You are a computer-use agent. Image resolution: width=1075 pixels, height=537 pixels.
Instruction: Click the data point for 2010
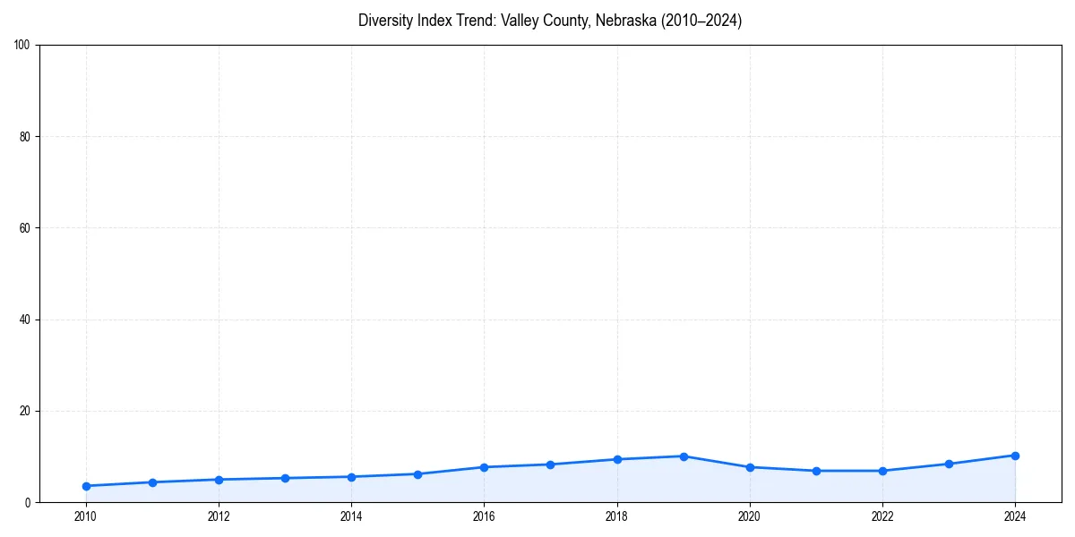(x=86, y=486)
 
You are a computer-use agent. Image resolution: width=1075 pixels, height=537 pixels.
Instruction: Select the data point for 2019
(x=684, y=456)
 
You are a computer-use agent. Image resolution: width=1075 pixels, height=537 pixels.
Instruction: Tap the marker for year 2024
(x=1015, y=456)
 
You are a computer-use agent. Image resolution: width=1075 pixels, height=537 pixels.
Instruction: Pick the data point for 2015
(x=418, y=474)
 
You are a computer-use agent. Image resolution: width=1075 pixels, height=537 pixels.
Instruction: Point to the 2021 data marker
(x=816, y=471)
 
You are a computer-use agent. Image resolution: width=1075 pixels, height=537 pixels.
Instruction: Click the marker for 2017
(x=551, y=465)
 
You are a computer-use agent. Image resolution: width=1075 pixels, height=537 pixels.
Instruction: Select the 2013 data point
(x=285, y=478)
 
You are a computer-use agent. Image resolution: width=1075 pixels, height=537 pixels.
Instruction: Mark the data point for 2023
(x=949, y=464)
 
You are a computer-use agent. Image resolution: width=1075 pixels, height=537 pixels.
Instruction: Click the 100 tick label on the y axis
(x=22, y=46)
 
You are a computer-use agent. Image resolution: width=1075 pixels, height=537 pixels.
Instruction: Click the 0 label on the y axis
(x=28, y=503)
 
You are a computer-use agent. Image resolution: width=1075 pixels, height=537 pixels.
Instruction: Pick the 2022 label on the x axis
(x=882, y=516)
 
